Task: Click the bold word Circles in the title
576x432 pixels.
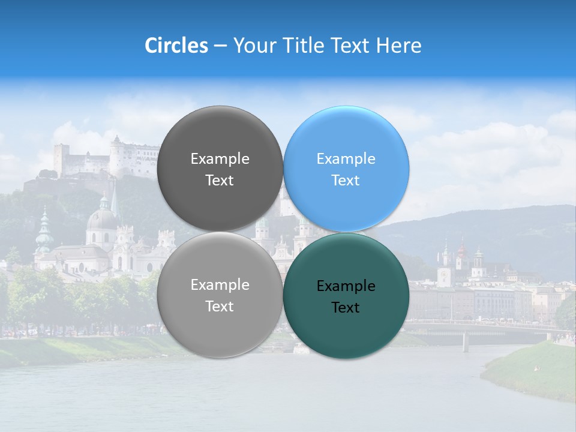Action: pyautogui.click(x=176, y=46)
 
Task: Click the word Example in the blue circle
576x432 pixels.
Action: pyautogui.click(x=346, y=159)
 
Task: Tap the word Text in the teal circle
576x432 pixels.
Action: pyautogui.click(x=345, y=308)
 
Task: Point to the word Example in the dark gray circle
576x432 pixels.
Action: pyautogui.click(x=220, y=159)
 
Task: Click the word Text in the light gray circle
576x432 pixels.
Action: pyautogui.click(x=220, y=307)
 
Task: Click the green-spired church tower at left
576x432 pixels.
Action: pyautogui.click(x=44, y=231)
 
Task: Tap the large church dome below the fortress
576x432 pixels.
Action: pyautogui.click(x=102, y=220)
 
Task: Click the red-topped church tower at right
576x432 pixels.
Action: pyautogui.click(x=461, y=252)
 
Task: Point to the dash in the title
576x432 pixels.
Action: pyautogui.click(x=220, y=46)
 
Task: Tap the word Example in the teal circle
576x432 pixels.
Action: pyautogui.click(x=346, y=286)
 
